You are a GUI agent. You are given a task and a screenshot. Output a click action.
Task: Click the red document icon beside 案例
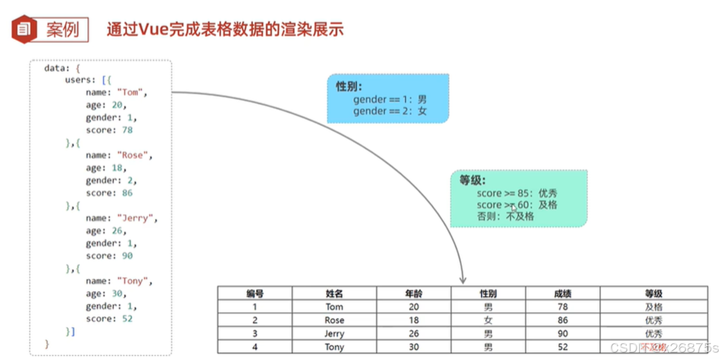point(24,29)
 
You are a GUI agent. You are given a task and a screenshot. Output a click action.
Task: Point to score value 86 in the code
point(127,193)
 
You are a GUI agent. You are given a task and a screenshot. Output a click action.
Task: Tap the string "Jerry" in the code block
point(137,218)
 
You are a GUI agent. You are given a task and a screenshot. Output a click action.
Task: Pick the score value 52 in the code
point(127,319)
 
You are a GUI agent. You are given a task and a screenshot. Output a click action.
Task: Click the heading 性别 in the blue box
point(348,87)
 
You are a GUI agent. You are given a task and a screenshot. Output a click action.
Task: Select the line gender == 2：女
point(390,111)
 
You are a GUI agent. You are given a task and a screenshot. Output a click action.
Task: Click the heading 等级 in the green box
point(473,181)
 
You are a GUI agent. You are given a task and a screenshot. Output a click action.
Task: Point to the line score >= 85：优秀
point(517,193)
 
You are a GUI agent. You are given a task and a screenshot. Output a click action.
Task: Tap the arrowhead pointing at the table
point(462,280)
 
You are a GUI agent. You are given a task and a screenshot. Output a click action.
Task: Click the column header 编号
point(255,293)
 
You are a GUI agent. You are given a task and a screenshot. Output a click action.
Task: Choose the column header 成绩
point(563,293)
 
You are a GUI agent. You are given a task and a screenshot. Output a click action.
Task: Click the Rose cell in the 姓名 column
point(334,320)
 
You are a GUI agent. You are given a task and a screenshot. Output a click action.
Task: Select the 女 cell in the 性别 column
point(488,320)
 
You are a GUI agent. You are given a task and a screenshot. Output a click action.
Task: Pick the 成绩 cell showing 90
point(563,334)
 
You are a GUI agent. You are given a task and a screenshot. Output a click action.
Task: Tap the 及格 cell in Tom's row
point(654,307)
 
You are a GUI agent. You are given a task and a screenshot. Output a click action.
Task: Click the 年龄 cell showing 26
point(414,334)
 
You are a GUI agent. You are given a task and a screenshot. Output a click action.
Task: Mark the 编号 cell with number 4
point(255,347)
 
